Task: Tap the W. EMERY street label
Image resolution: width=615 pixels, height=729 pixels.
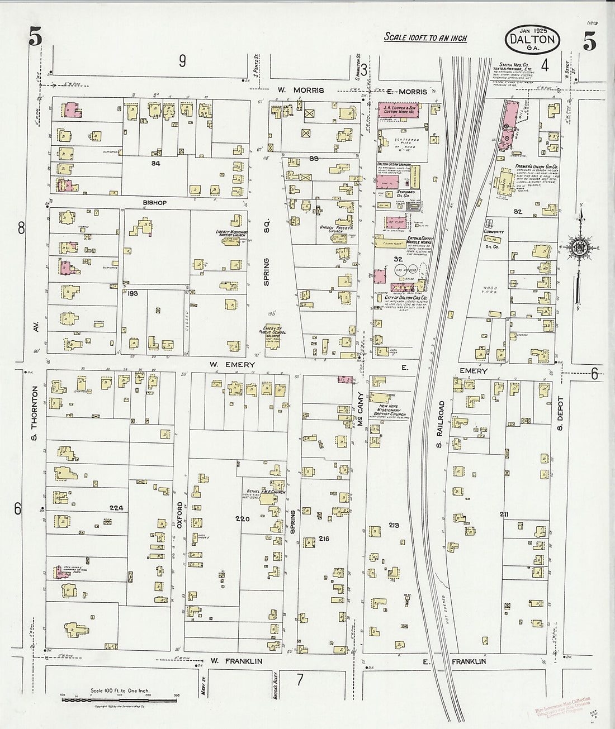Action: point(232,365)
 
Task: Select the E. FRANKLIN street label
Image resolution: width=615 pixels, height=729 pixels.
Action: point(453,661)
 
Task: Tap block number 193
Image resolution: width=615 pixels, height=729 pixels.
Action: point(132,293)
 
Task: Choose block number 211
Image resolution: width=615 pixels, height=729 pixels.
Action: point(504,513)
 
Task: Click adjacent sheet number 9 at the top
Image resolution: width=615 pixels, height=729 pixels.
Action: point(182,61)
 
